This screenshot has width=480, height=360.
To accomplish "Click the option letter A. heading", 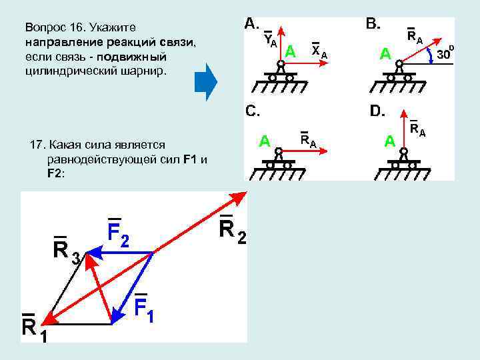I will (253, 24).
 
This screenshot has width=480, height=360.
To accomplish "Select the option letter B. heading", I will (373, 24).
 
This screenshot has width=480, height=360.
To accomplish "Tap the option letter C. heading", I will (253, 111).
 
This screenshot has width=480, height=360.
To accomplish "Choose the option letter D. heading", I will (377, 111).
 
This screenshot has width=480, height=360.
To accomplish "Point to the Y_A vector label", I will (270, 40).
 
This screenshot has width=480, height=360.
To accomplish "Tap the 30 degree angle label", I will (445, 54).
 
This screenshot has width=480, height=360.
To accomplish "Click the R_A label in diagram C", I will (308, 139).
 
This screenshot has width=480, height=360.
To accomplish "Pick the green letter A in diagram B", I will (385, 54).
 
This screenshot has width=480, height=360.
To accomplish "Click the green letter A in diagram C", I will (265, 141).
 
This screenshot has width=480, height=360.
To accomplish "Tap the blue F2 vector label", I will (118, 233).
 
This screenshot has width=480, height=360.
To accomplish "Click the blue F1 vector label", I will (144, 307).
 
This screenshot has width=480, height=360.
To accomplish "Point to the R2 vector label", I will (232, 231).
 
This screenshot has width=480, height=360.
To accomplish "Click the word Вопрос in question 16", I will (46, 28).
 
